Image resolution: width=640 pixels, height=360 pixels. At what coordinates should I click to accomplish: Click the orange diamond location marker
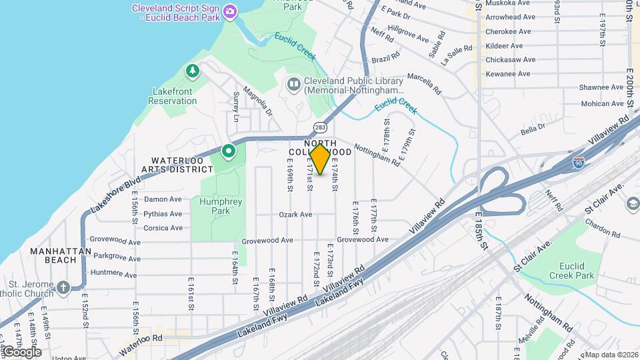321,159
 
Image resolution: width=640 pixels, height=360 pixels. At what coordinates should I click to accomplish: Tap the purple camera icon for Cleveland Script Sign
230,11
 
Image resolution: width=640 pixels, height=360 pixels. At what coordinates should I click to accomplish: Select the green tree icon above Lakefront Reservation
193,70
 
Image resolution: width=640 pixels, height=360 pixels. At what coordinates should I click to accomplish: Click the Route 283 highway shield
320,127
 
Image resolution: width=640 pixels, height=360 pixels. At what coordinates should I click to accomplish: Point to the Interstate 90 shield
579,162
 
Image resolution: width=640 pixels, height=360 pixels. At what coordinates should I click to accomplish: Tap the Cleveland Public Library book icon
293,85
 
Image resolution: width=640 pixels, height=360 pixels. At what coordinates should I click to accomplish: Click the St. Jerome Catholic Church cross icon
63,287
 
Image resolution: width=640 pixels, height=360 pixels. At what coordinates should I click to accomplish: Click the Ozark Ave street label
295,215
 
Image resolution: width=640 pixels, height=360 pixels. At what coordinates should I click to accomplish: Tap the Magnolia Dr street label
258,101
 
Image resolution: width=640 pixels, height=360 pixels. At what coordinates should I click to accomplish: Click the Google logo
21,352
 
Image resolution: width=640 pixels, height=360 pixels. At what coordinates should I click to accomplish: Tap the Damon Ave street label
163,199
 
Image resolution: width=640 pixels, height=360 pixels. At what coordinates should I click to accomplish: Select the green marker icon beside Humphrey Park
228,151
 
